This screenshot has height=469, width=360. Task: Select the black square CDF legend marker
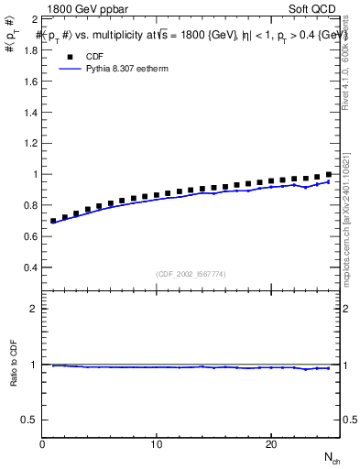(67, 54)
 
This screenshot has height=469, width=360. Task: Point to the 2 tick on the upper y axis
(33, 18)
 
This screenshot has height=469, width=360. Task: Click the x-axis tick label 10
(157, 444)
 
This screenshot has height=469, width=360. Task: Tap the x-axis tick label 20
(271, 444)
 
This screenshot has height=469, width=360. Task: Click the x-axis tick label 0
(43, 444)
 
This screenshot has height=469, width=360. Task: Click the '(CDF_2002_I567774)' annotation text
(191, 273)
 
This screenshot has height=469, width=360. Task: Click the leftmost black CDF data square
(53, 221)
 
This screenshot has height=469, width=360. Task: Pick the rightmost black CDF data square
(329, 174)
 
